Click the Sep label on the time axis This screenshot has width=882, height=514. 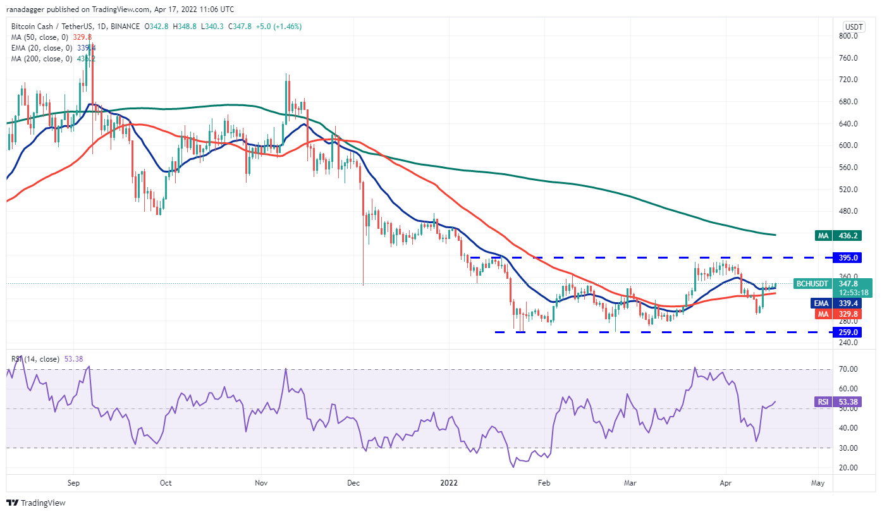(x=73, y=483)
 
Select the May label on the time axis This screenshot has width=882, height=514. (x=818, y=483)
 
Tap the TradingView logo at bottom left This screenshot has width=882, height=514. (x=36, y=503)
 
